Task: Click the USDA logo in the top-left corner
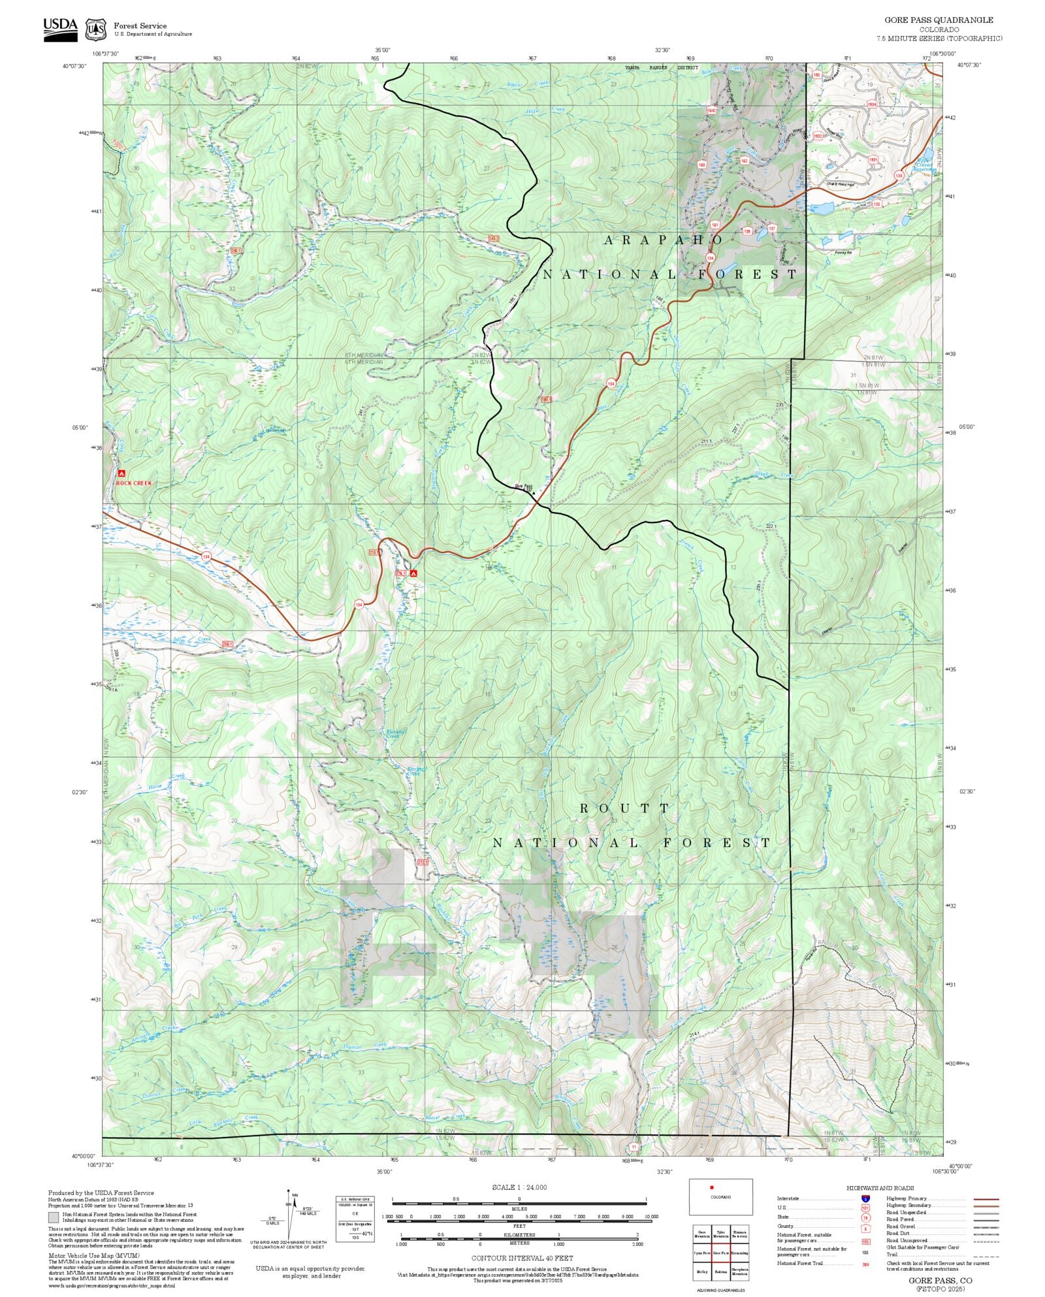point(60,29)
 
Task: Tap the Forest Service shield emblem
point(97,29)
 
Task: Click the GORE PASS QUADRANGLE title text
point(939,20)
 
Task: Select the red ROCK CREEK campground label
point(134,483)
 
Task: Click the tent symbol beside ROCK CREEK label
point(121,472)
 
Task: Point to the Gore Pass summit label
point(524,486)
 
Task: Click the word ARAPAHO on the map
point(664,240)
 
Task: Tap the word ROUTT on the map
point(625,809)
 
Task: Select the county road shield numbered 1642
point(712,111)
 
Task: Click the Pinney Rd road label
point(843,252)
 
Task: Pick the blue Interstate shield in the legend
point(865,1199)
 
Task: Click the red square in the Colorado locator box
point(711,1187)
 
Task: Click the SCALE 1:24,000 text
point(519,1187)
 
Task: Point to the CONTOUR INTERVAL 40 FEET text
point(522,1257)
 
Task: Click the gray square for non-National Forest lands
point(53,1218)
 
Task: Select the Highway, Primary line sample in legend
point(986,1199)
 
